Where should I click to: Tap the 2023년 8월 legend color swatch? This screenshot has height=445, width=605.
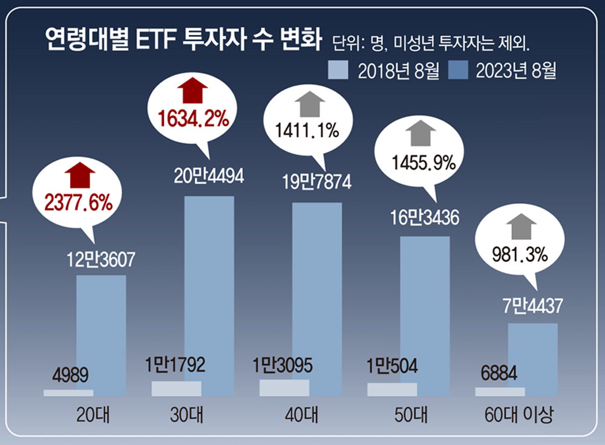coord(457,71)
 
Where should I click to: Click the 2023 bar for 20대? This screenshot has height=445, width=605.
coord(101,336)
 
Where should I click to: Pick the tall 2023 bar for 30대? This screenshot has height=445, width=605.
coord(209,296)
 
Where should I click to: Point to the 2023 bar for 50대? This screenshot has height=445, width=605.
coord(425,316)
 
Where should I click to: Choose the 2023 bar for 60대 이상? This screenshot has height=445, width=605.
coord(532,360)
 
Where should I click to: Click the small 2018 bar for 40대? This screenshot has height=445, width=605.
coord(284,388)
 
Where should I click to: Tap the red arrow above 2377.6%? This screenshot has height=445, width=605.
coord(76,175)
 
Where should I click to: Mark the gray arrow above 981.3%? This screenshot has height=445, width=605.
coord(521,227)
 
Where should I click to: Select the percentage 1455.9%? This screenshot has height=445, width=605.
coord(420,162)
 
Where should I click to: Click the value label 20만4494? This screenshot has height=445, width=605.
coord(209,177)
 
